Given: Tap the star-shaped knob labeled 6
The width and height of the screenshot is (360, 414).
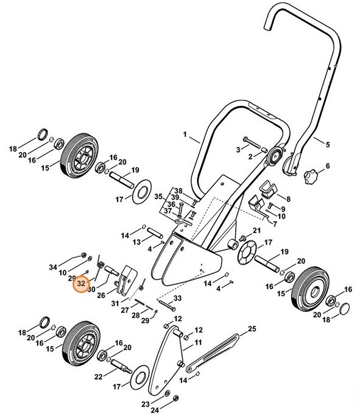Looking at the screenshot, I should pos(309,177).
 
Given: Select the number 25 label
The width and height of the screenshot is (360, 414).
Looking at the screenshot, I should pos(251,331).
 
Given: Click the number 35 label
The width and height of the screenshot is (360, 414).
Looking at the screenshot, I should pos(157,197).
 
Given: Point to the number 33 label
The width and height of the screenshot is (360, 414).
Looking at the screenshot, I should pos(178,298).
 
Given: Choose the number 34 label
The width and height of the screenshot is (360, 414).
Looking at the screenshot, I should pos(53,267).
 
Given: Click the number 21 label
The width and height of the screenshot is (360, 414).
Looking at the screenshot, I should pos(256,230).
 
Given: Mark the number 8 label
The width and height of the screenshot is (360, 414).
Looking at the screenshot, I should pos(288,198).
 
